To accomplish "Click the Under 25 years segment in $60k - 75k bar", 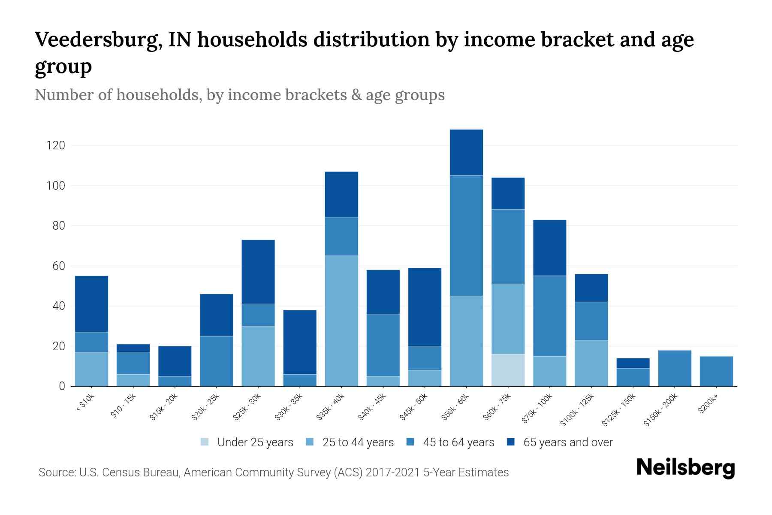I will coord(508,370).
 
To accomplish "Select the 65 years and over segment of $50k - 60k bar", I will coord(466,152).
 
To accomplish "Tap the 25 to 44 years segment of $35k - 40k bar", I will coord(341,321).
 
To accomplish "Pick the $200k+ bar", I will coord(716,371).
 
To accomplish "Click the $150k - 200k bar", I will coord(675,368).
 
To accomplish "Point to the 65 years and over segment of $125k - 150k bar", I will coord(633,363).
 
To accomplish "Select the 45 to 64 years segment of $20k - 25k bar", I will coord(217,361).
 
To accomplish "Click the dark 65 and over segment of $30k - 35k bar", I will coord(300,342).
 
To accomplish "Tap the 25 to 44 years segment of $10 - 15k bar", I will coord(133,380).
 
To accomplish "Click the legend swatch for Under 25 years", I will coord(205,442).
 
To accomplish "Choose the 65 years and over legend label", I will coord(568,442).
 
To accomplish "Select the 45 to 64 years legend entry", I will coord(458,442).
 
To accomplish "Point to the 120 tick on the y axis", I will coord(56,145).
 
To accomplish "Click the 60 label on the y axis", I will coord(59,266).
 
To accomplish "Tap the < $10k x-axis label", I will coord(85,403).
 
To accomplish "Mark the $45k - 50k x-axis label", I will coord(413,407).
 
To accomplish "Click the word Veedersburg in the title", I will coord(98,39).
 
